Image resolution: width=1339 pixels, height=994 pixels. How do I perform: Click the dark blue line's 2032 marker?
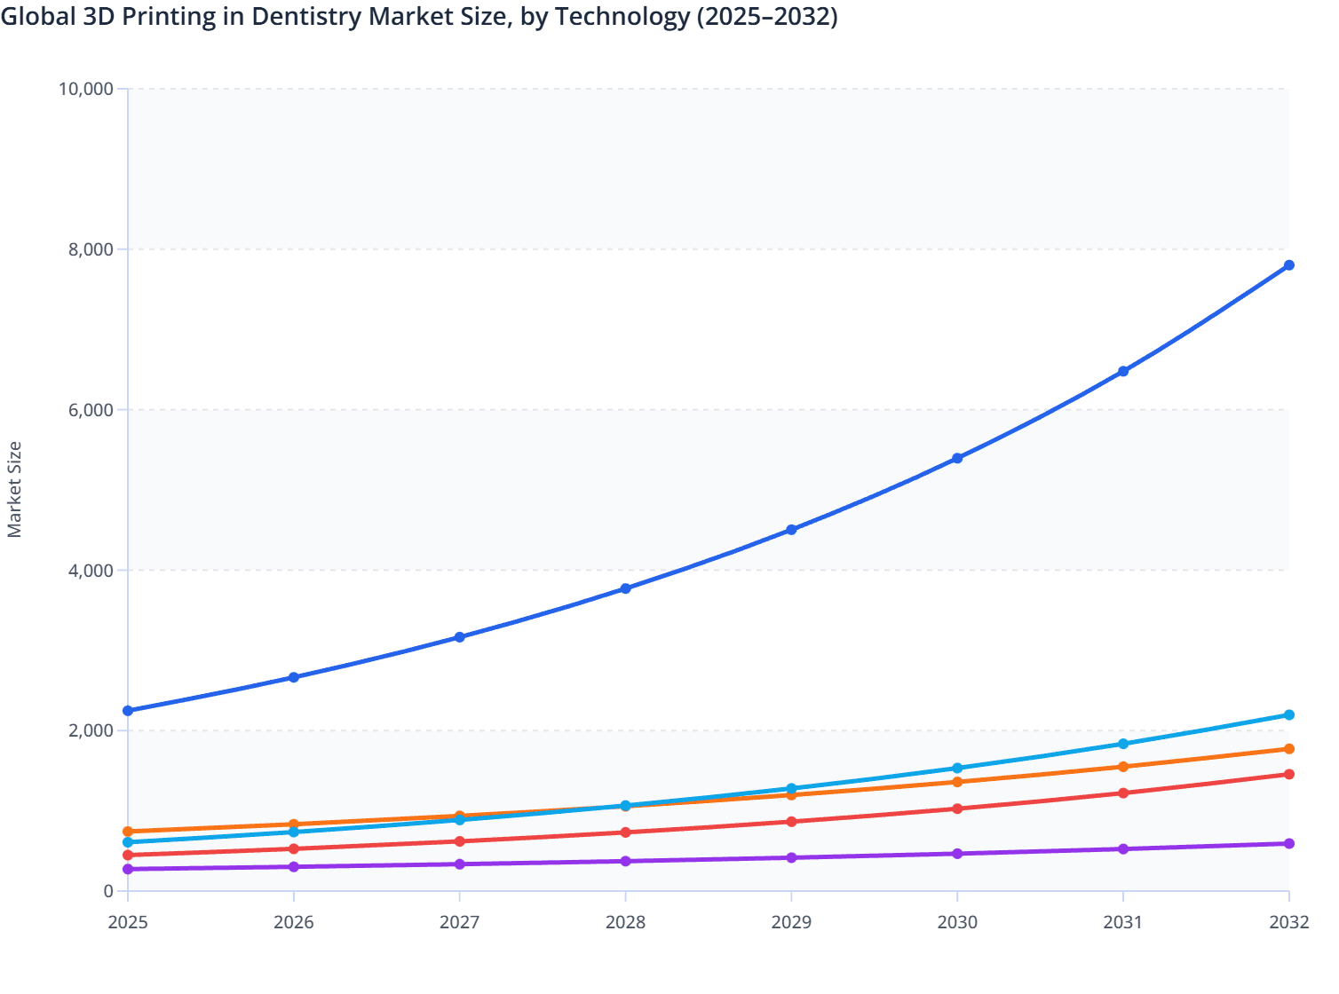tap(1288, 265)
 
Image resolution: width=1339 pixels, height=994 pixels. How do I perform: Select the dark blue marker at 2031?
tap(1123, 371)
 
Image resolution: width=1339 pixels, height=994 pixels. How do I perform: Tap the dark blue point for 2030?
tap(957, 458)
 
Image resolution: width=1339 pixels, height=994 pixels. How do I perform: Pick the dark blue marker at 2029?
tap(791, 530)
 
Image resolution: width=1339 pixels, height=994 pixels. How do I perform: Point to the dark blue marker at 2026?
tap(294, 677)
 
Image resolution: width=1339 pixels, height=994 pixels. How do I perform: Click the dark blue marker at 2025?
tap(128, 711)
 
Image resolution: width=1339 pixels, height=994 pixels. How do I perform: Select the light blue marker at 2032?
tap(1288, 715)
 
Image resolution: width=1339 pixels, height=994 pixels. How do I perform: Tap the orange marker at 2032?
tap(1288, 749)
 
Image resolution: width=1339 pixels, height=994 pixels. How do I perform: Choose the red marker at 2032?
tap(1288, 774)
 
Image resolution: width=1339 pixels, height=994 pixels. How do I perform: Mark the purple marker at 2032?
tap(1288, 843)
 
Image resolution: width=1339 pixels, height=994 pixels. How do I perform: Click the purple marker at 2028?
tap(625, 861)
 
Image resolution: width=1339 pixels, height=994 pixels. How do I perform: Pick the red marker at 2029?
tap(791, 822)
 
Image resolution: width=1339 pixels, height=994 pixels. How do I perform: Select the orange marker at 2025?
tap(128, 832)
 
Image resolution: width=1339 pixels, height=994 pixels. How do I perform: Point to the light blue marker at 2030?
tap(957, 769)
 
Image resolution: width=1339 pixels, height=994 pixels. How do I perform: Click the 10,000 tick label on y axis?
tap(85, 89)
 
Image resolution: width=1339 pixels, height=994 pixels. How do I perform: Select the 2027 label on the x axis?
tap(459, 922)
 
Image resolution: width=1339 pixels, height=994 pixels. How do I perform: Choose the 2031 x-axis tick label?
tap(1123, 922)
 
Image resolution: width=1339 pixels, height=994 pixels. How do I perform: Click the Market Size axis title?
tap(15, 490)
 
